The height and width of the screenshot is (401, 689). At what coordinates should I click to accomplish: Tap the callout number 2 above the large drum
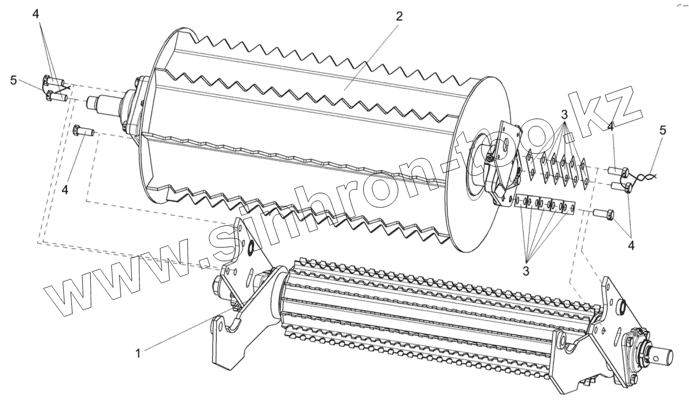click(x=399, y=16)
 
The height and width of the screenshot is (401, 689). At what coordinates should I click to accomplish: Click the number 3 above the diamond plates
click(x=564, y=115)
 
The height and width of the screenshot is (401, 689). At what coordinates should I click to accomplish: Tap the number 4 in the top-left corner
click(x=36, y=14)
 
